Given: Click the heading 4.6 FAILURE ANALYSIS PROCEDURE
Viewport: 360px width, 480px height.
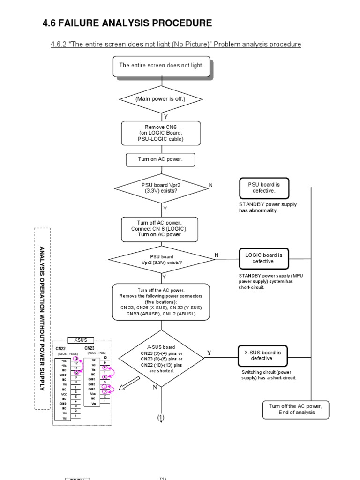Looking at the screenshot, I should (127, 23).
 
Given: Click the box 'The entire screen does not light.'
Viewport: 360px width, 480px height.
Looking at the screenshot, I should (161, 66).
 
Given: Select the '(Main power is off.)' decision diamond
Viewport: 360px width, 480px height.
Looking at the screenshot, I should (161, 99).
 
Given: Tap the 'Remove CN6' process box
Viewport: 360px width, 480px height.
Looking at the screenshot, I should (161, 133).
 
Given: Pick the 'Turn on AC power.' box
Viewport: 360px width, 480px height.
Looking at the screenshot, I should (161, 159).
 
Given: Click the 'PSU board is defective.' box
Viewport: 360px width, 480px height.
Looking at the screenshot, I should (264, 188).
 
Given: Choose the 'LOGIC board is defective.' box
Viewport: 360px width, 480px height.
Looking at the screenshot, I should (264, 258).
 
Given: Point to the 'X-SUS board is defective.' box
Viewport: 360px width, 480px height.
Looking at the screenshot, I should (262, 355).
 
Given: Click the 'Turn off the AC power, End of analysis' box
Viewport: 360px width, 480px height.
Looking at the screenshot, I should (296, 409).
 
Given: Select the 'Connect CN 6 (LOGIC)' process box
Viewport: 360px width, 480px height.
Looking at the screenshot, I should (159, 228).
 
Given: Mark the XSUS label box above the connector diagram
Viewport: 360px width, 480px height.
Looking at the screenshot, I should (81, 340).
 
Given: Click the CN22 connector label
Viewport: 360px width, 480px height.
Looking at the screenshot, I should (61, 349).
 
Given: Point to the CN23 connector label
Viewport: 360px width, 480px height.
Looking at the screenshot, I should (90, 348).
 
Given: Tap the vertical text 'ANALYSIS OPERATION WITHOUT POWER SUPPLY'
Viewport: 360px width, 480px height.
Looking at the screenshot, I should (42, 318).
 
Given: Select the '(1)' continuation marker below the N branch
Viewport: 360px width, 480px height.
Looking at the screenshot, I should (161, 417).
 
